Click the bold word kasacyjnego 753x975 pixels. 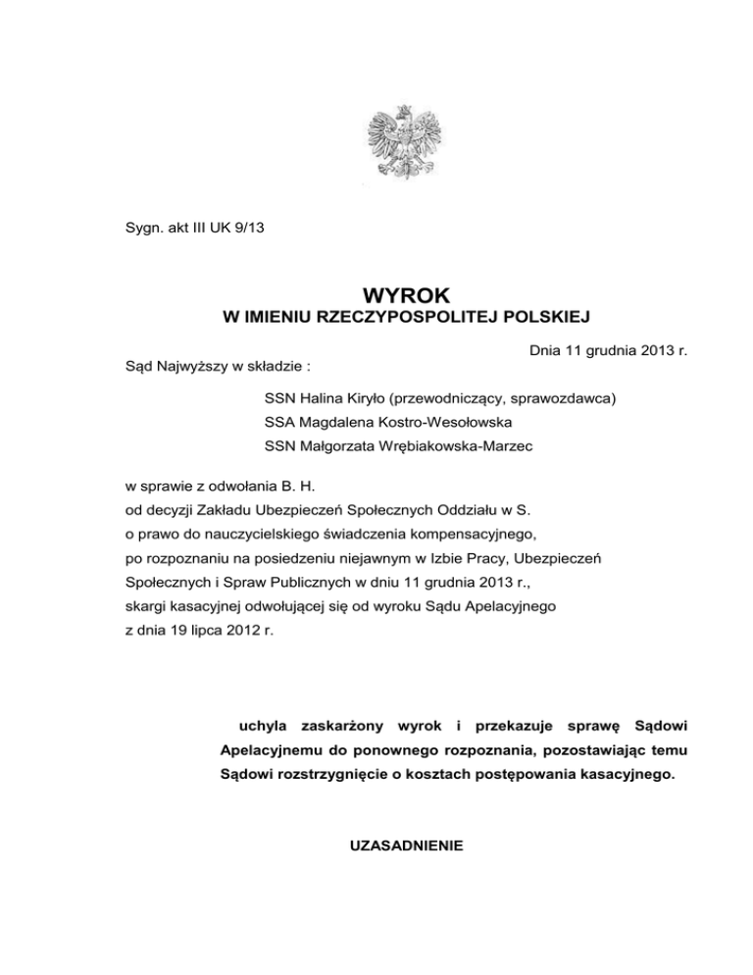(613, 776)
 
